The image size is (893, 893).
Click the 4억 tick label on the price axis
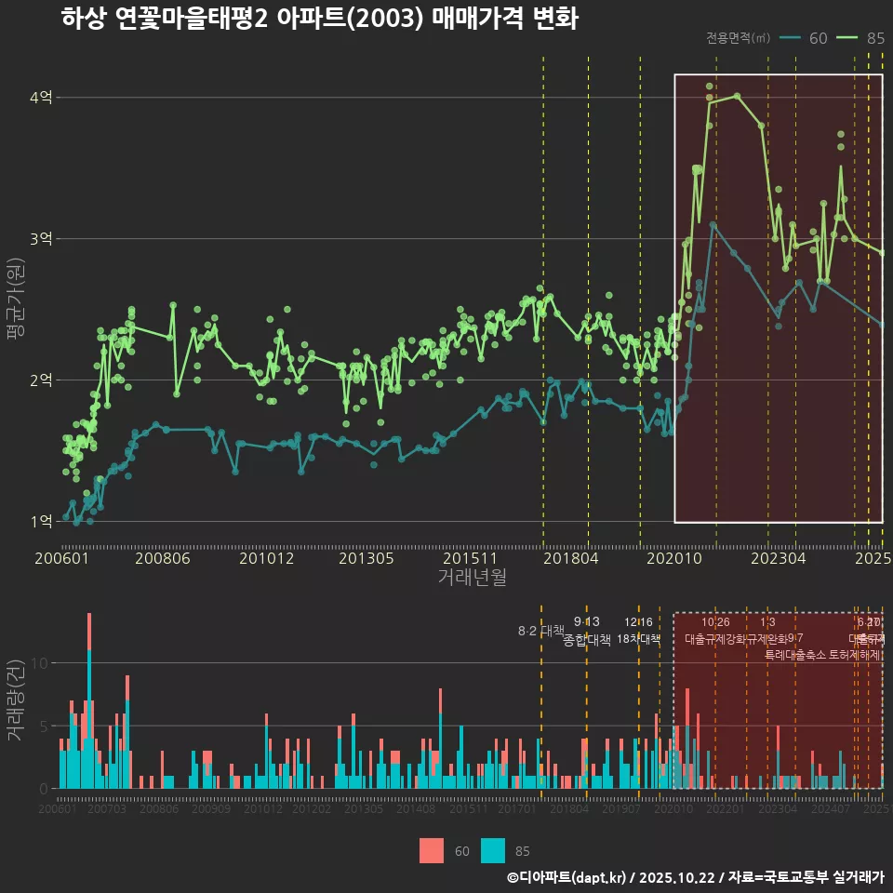(40, 98)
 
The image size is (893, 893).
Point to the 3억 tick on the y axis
(40, 239)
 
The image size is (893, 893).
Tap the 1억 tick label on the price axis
(40, 522)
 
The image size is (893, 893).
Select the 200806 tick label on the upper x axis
(164, 559)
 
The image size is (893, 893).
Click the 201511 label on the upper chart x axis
(465, 559)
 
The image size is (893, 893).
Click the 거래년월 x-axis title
(472, 578)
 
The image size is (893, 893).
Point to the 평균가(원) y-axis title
(16, 309)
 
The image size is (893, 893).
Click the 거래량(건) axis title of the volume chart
(16, 700)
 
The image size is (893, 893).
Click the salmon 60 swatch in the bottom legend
(432, 851)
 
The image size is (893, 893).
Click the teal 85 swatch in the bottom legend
(493, 851)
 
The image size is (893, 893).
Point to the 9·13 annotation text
(586, 621)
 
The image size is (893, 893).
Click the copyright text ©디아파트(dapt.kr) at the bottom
(567, 877)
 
